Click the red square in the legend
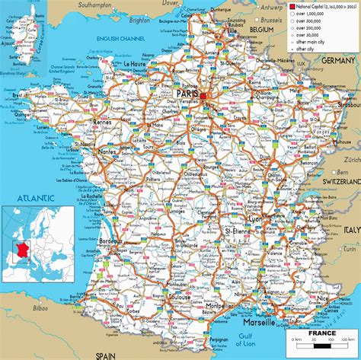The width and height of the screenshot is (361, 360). (292, 7)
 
